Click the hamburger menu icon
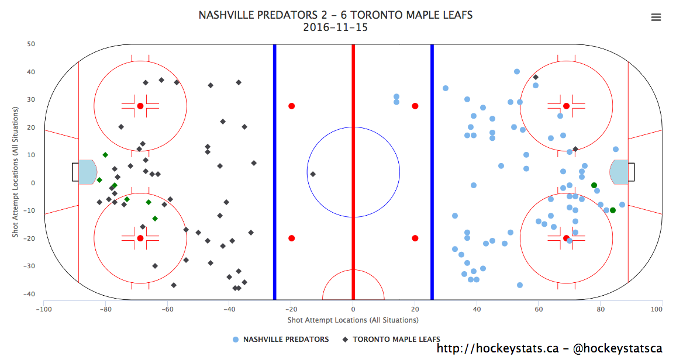(656, 18)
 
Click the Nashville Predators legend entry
(280, 340)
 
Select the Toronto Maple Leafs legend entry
(391, 340)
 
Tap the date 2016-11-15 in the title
(335, 27)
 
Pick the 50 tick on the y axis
(31, 44)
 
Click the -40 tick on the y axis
(29, 294)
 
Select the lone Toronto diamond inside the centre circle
(313, 174)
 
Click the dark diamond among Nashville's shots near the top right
(536, 77)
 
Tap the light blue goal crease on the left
(88, 172)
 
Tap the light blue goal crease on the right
(619, 172)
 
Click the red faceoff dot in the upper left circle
(140, 106)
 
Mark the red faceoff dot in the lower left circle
(140, 238)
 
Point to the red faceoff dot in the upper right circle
(566, 106)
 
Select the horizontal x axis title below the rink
(353, 320)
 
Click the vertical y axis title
(16, 172)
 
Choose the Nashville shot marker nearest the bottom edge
(520, 285)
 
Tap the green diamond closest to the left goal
(99, 180)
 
